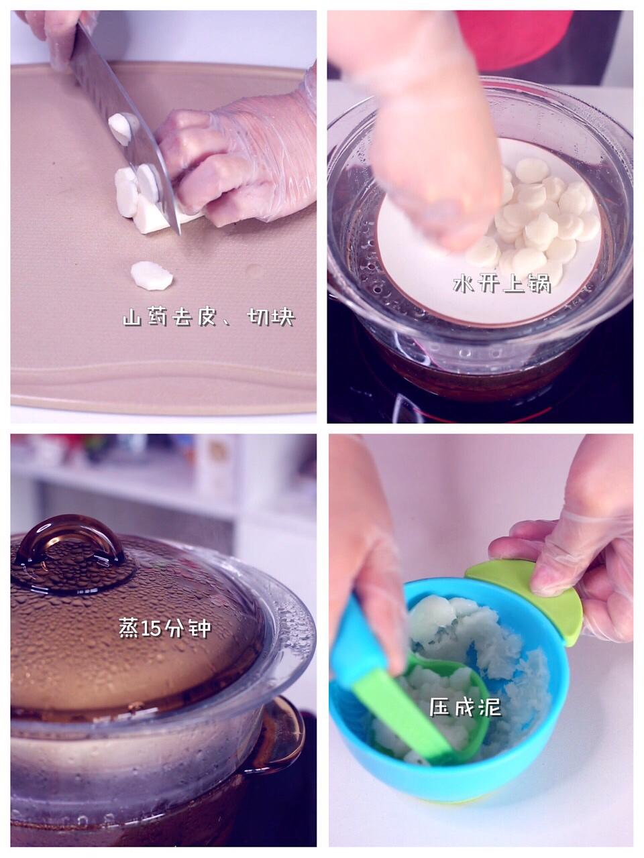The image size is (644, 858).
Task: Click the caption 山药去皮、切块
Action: pyautogui.click(x=209, y=317)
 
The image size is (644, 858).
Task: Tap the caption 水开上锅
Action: pyautogui.click(x=502, y=284)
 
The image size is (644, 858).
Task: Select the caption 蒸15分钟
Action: pyautogui.click(x=164, y=629)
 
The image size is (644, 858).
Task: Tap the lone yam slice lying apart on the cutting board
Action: pyautogui.click(x=152, y=276)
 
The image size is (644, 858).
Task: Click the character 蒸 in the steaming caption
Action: pyautogui.click(x=128, y=629)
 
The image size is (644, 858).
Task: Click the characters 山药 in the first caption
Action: pyautogui.click(x=145, y=317)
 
